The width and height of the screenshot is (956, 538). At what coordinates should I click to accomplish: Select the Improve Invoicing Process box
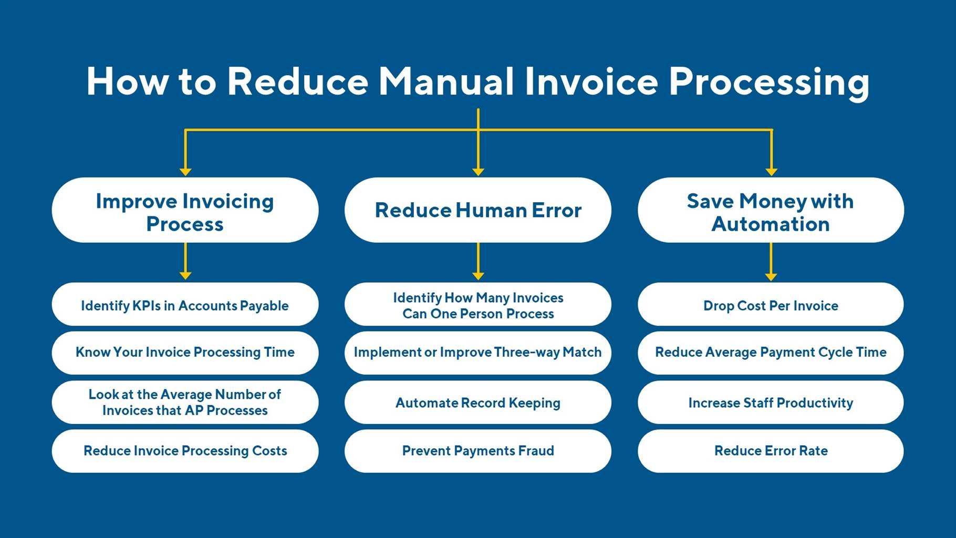coord(185,210)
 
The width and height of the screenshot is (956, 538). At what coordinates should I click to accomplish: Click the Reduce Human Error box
coord(478,210)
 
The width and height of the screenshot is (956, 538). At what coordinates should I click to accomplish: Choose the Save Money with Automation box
coord(771,210)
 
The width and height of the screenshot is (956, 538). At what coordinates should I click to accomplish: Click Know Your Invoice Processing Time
coord(185,353)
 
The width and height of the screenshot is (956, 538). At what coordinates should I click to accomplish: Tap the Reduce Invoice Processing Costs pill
coord(185,451)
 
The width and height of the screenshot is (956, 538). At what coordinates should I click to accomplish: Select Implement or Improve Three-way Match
coord(478,353)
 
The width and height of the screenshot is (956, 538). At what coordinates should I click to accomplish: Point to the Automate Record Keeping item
coord(478,402)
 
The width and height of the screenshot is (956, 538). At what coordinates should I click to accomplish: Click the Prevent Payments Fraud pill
coord(478,451)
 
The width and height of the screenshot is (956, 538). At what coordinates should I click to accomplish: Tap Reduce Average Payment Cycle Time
coord(771,353)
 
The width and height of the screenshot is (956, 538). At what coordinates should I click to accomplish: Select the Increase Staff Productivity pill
coord(771,402)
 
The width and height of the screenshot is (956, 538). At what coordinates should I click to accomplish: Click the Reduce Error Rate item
coord(771,451)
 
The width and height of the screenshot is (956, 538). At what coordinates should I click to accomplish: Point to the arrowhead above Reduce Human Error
coord(478,172)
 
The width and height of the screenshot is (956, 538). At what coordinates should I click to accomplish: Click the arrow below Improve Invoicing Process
coord(185,261)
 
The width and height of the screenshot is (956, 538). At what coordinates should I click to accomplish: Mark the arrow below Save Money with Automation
coord(771,262)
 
